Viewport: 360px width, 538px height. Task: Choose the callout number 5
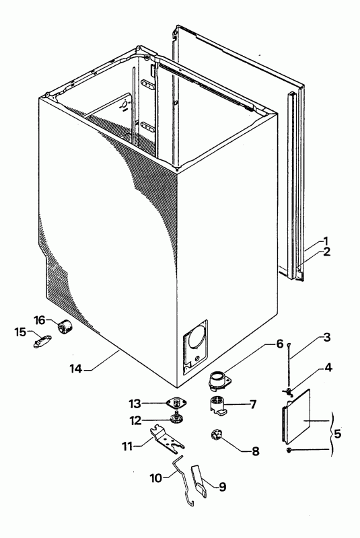338,434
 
